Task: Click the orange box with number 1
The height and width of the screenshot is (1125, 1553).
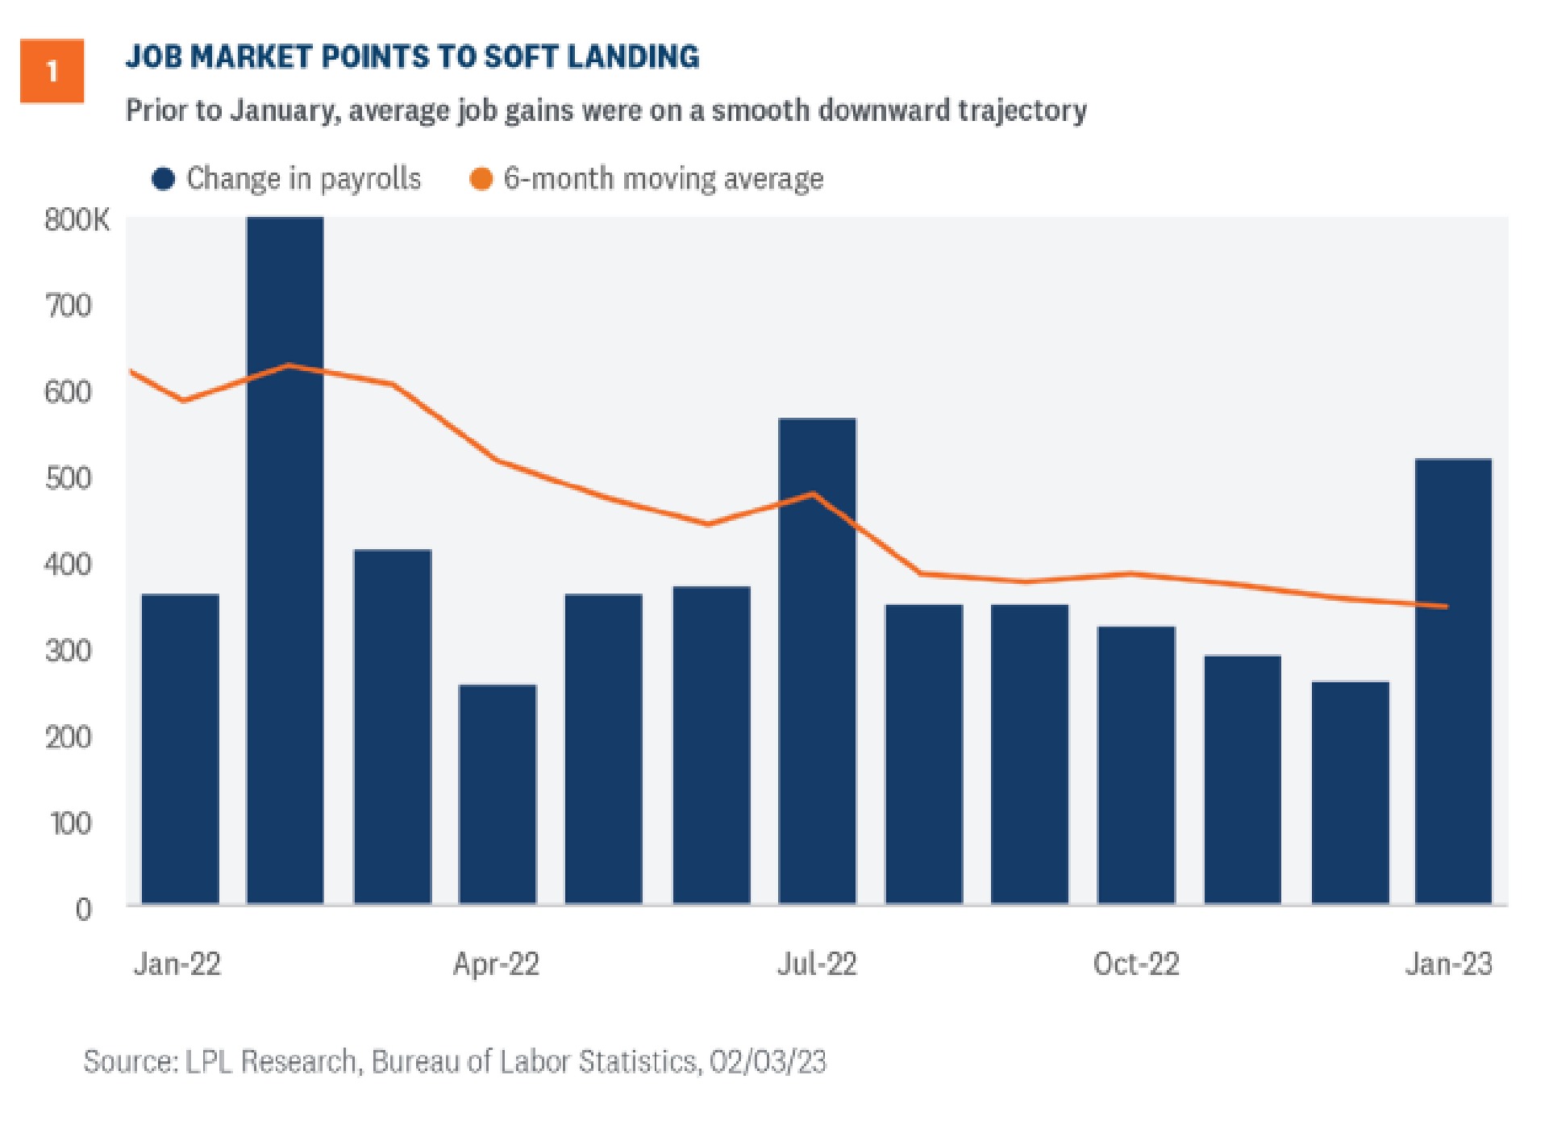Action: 52,71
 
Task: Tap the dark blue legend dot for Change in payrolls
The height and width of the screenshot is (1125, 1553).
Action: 164,179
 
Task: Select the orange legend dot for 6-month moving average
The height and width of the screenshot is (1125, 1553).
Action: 481,179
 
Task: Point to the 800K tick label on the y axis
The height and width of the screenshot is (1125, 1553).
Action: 77,219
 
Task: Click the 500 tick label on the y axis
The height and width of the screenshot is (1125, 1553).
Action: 69,478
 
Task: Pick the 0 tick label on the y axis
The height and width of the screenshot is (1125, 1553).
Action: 83,910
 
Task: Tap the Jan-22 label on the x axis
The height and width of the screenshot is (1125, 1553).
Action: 177,964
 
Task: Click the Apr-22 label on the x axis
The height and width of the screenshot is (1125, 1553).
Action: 496,964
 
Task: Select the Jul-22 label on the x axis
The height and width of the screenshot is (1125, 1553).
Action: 817,964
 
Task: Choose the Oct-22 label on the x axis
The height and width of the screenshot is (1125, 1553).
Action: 1136,964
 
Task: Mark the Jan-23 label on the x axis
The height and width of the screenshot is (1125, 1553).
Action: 1449,964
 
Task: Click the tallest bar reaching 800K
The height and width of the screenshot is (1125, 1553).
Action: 285,565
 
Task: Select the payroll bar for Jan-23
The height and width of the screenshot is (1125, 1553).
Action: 1454,685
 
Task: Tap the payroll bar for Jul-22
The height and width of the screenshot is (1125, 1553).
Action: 817,661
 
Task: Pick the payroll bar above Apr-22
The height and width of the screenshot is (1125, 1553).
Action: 498,794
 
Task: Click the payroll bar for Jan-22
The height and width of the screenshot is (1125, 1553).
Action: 180,750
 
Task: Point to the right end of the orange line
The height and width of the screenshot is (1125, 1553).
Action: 1447,606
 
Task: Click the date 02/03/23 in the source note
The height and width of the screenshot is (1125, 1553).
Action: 768,1061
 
